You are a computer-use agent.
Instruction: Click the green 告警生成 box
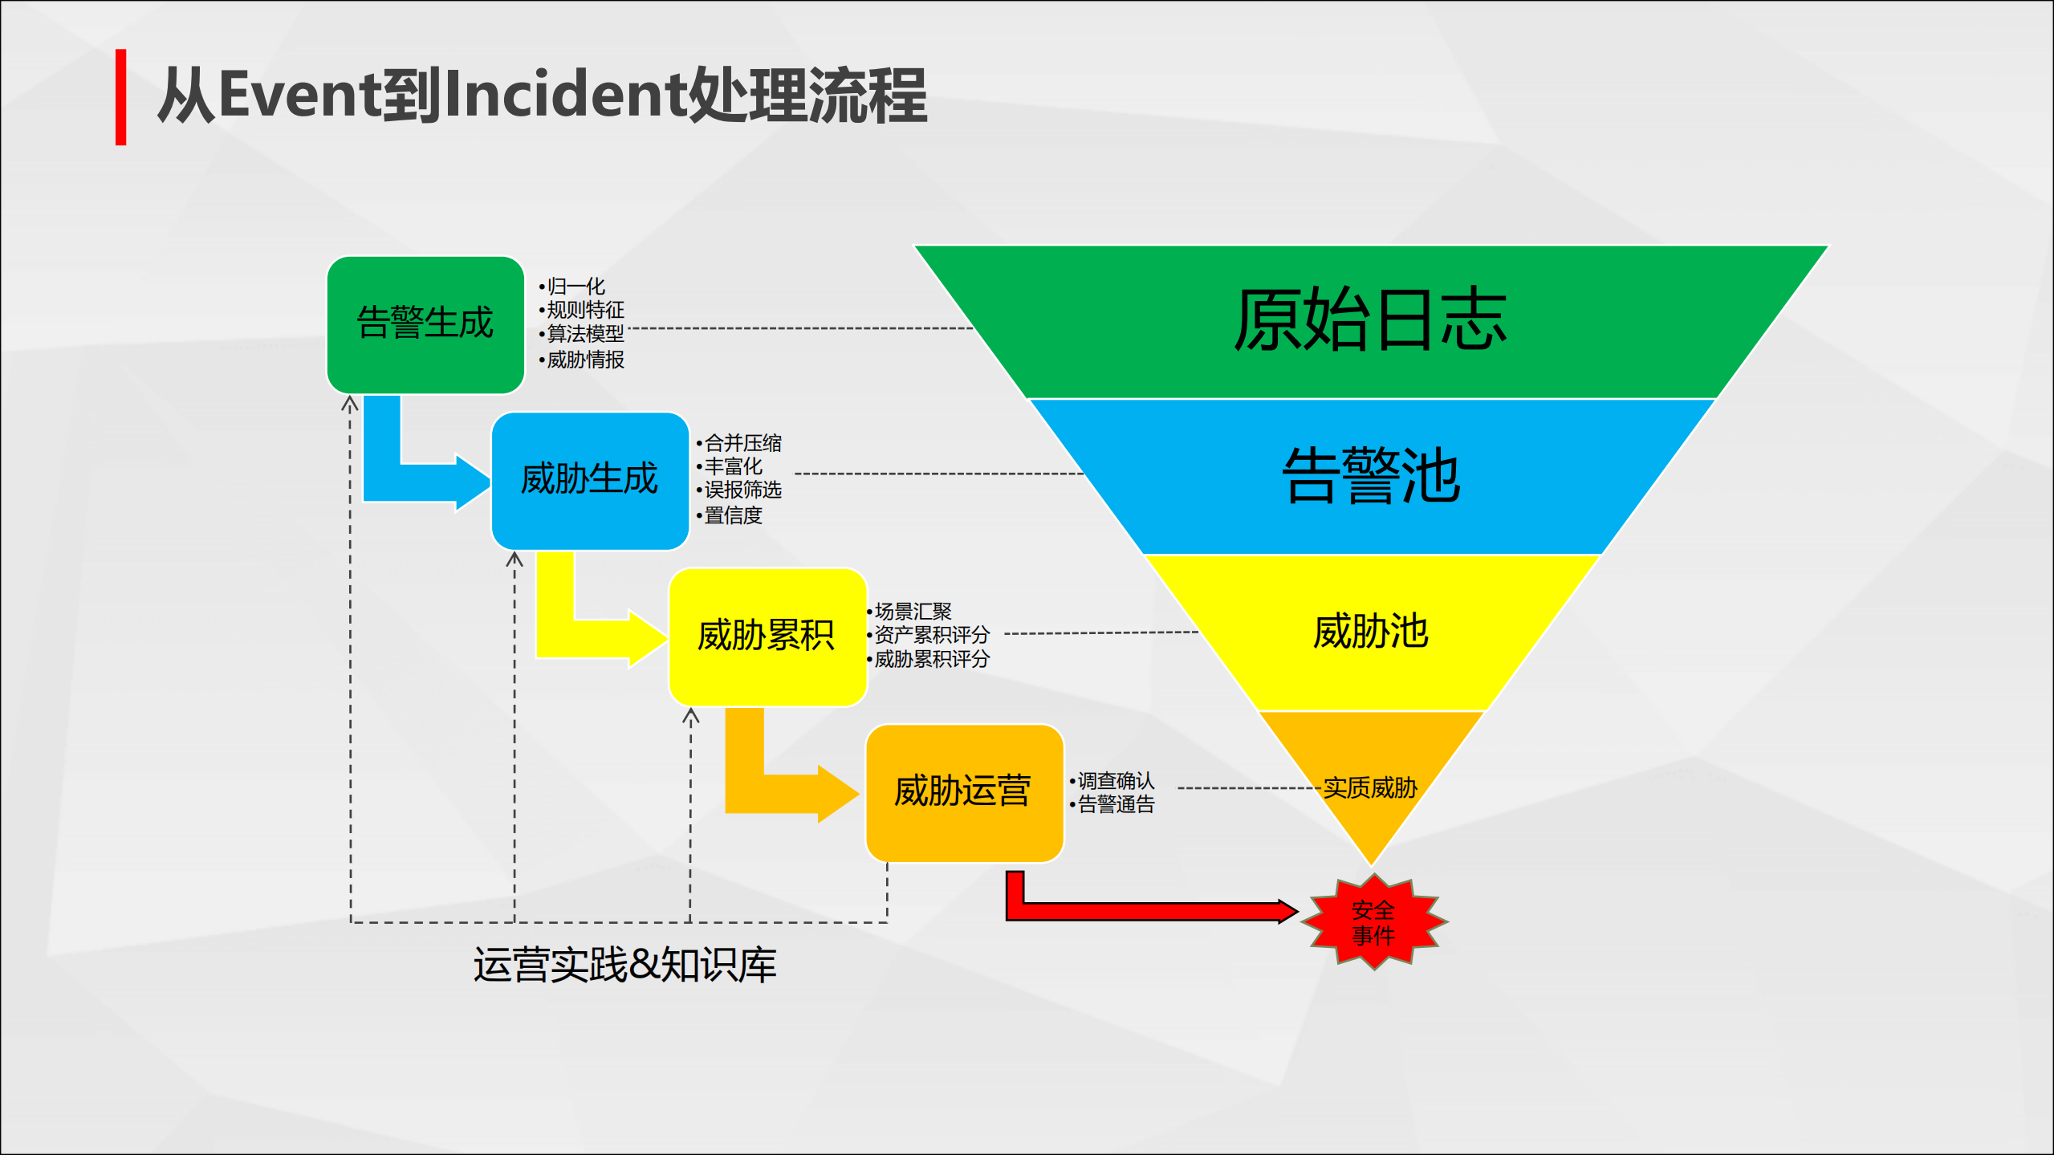[x=425, y=324]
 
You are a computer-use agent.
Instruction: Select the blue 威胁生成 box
[x=590, y=480]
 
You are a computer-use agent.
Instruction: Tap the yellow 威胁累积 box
[x=767, y=636]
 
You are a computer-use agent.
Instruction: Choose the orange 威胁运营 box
[x=963, y=791]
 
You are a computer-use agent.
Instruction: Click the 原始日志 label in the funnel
[x=1369, y=321]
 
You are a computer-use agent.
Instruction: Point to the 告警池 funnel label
[x=1371, y=477]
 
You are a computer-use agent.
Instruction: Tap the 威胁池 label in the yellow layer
[x=1371, y=632]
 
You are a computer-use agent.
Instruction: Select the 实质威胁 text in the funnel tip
[x=1370, y=787]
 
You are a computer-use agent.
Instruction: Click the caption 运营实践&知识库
[x=624, y=965]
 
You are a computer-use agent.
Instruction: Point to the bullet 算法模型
[x=585, y=334]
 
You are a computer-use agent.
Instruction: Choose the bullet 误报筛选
[x=742, y=490]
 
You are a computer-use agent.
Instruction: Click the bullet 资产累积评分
[x=931, y=635]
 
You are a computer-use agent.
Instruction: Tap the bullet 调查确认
[x=1116, y=780]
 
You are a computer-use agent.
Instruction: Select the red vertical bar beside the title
[x=120, y=97]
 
